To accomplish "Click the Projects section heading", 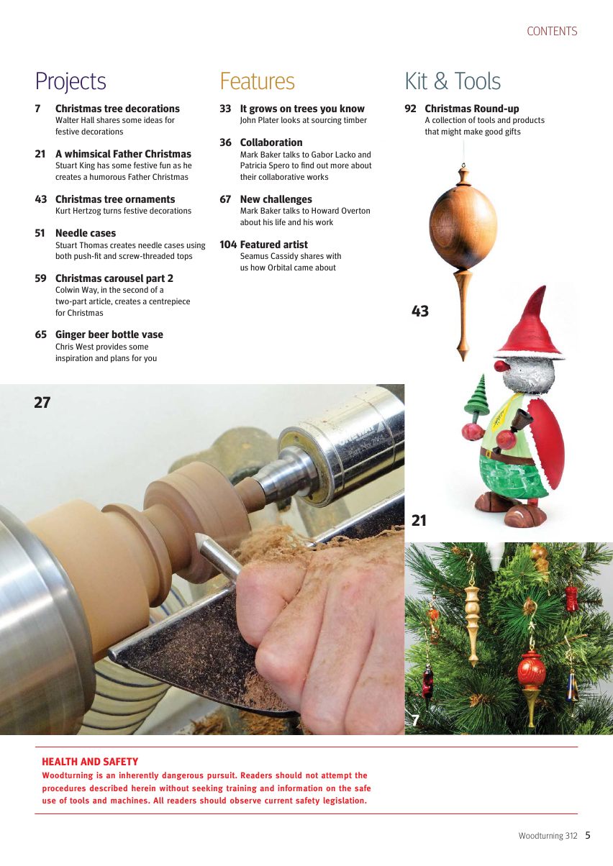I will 71,81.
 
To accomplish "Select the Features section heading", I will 257,81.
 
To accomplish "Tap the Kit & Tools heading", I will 453,81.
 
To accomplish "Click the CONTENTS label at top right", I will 552,32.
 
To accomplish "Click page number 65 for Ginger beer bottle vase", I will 40,334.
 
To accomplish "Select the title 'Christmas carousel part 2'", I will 114,278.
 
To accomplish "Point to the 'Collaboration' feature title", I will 271,142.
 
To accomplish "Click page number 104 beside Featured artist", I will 228,245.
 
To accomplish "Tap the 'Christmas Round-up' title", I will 471,109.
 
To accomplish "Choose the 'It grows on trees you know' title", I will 302,109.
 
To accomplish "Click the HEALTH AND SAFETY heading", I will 90,762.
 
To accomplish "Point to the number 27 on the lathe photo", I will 42,403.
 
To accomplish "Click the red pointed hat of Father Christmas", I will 530,324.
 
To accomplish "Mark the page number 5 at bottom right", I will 588,836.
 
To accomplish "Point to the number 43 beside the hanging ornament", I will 420,311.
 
